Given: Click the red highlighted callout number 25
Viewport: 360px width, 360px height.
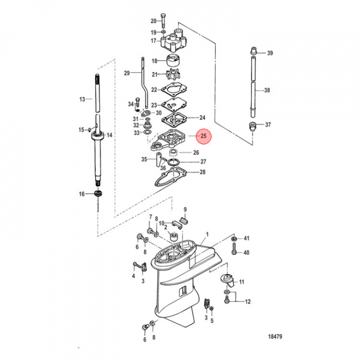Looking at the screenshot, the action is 203,136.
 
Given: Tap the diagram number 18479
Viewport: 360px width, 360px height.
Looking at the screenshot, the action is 275,336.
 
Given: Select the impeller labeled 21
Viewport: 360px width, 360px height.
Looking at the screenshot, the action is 172,75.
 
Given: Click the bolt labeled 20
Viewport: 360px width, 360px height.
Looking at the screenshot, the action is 163,21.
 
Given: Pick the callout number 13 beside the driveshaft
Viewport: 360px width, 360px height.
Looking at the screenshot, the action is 82,99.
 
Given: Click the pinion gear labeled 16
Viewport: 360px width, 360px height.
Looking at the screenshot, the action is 98,193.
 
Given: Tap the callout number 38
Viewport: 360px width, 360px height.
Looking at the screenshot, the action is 267,90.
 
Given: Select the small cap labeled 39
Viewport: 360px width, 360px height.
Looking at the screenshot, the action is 253,50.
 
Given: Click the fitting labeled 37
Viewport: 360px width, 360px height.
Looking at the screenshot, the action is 252,126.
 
